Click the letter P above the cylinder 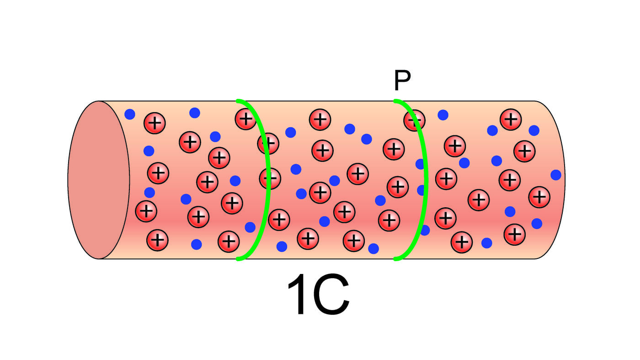[x=402, y=81]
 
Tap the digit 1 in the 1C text [x=299, y=296]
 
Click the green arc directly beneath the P [x=423, y=178]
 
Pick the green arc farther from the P [x=265, y=178]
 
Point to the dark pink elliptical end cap [x=99, y=180]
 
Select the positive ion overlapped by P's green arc [x=414, y=120]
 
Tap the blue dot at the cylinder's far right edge [x=556, y=175]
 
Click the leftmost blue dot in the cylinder [x=130, y=114]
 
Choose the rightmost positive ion [x=539, y=197]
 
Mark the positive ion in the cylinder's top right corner [x=511, y=119]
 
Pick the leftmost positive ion [x=146, y=211]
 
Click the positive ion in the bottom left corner [x=157, y=240]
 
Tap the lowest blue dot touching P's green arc [x=425, y=230]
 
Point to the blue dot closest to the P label [x=443, y=115]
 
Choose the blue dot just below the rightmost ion [x=537, y=224]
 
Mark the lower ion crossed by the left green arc [x=270, y=178]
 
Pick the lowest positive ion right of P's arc [x=462, y=242]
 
